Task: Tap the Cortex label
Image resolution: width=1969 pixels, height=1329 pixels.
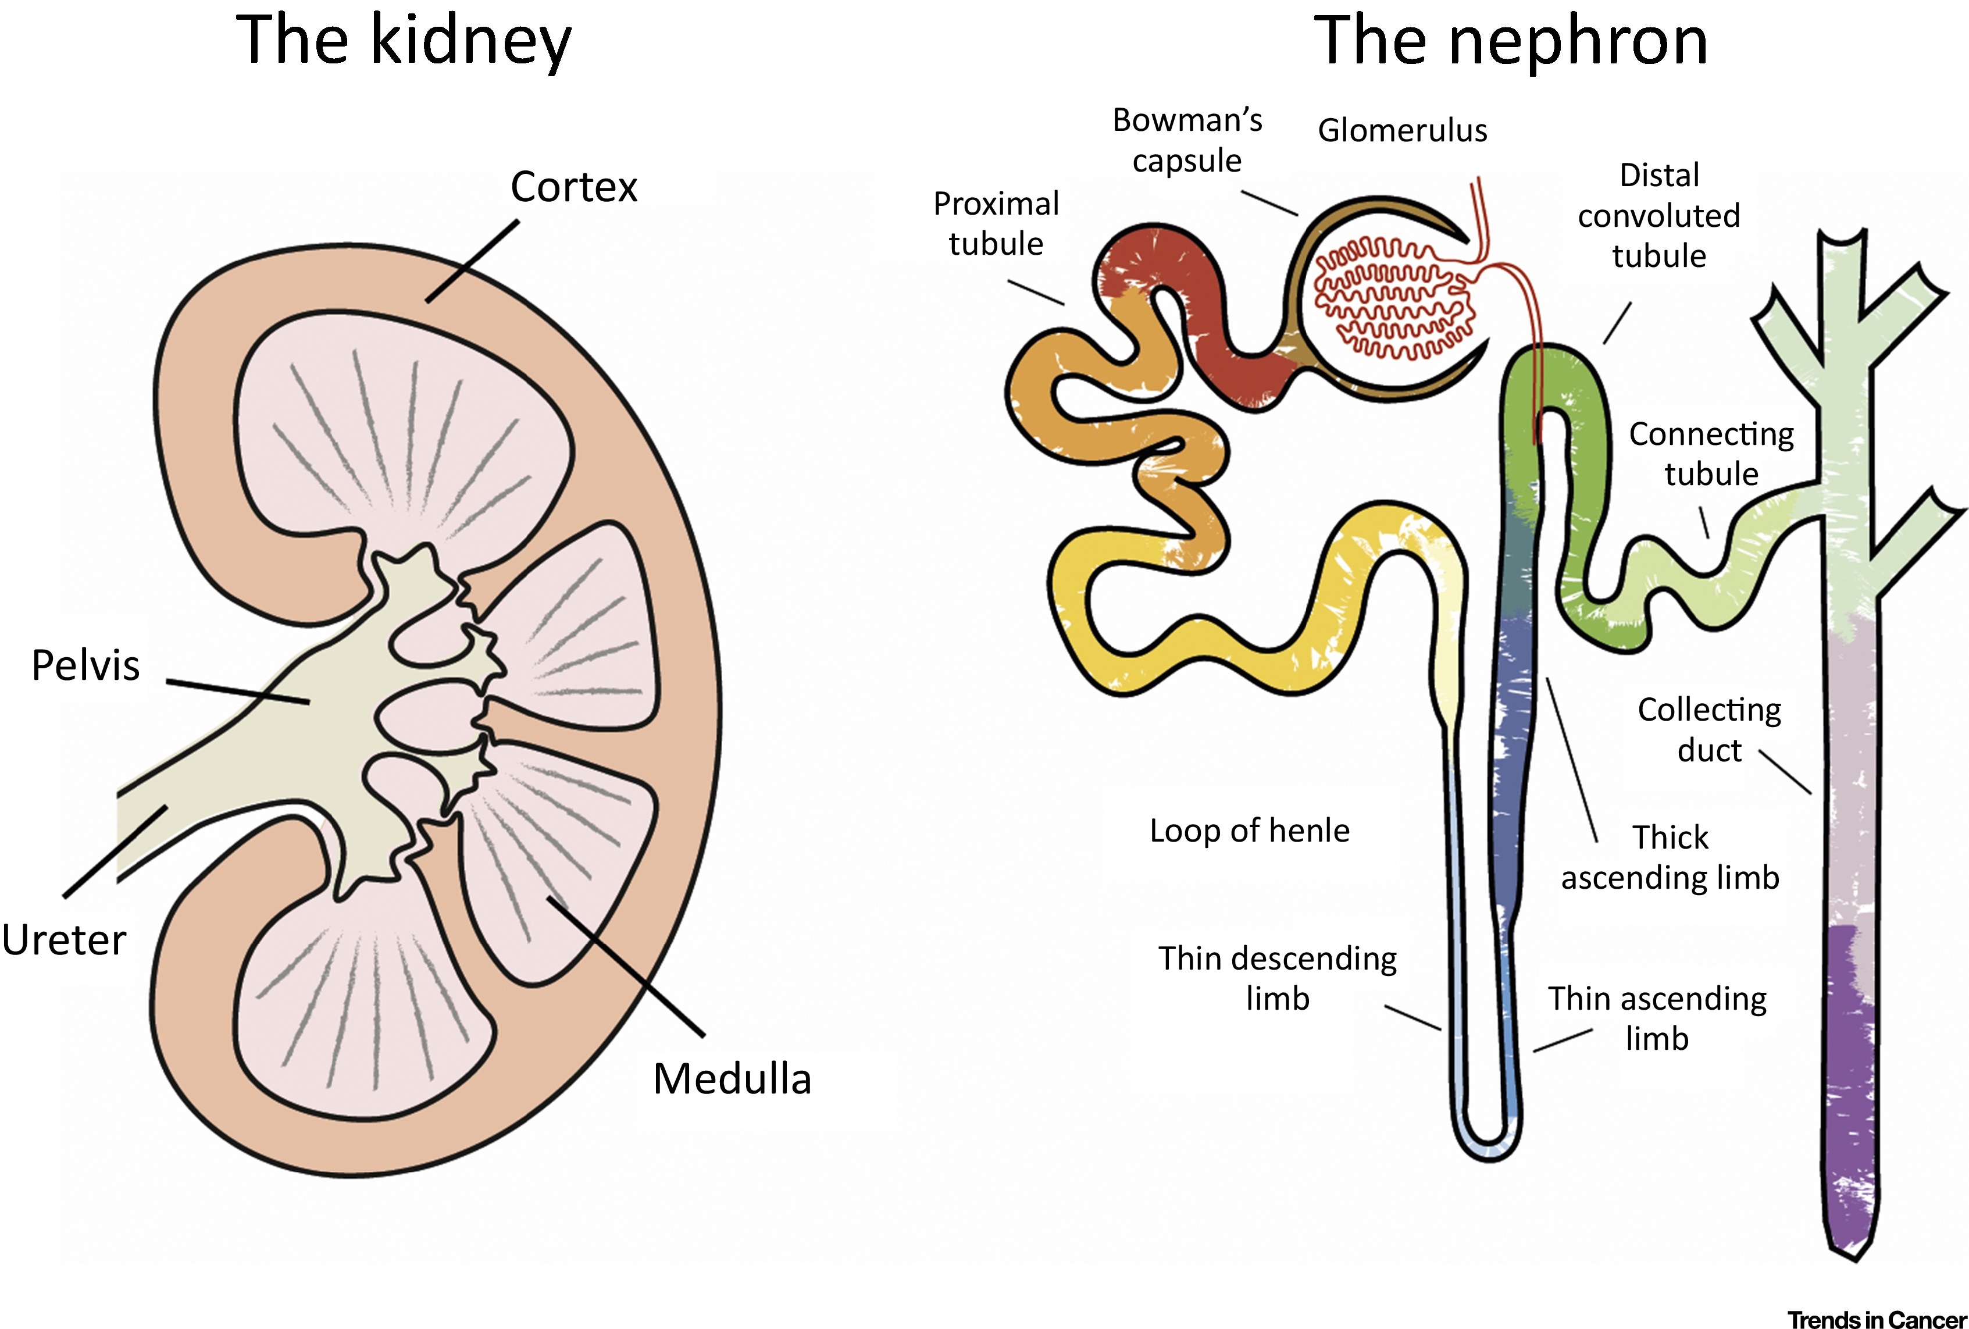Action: click(573, 187)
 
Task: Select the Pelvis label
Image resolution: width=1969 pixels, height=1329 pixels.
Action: click(85, 665)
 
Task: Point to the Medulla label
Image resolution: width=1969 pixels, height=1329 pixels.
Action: click(732, 1079)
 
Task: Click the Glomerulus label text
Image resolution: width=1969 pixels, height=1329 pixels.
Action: click(1402, 130)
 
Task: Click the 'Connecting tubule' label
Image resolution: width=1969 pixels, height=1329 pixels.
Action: click(1711, 454)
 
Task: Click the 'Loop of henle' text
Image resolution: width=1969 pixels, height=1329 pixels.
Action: click(1249, 831)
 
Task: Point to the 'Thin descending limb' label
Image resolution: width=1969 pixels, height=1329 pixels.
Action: click(1278, 978)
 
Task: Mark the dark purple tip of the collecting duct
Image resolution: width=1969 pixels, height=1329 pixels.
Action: click(1852, 1220)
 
